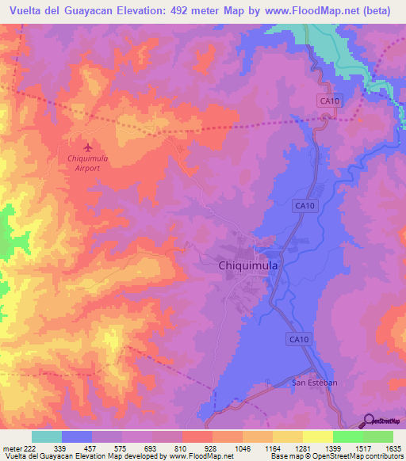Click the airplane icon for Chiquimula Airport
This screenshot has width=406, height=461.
point(87,147)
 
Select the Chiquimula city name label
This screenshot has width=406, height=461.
point(247,267)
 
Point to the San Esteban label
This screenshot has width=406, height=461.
point(315,383)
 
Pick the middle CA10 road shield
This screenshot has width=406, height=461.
point(304,205)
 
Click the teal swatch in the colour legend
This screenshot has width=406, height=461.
point(47,436)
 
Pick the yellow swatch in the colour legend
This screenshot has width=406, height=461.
point(318,436)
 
